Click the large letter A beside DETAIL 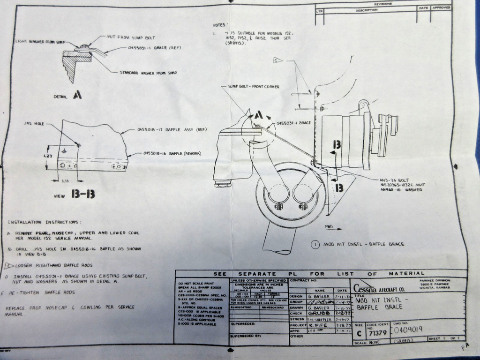click(x=78, y=95)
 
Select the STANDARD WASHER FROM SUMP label click(x=148, y=73)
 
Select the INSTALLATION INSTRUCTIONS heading click(x=45, y=222)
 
